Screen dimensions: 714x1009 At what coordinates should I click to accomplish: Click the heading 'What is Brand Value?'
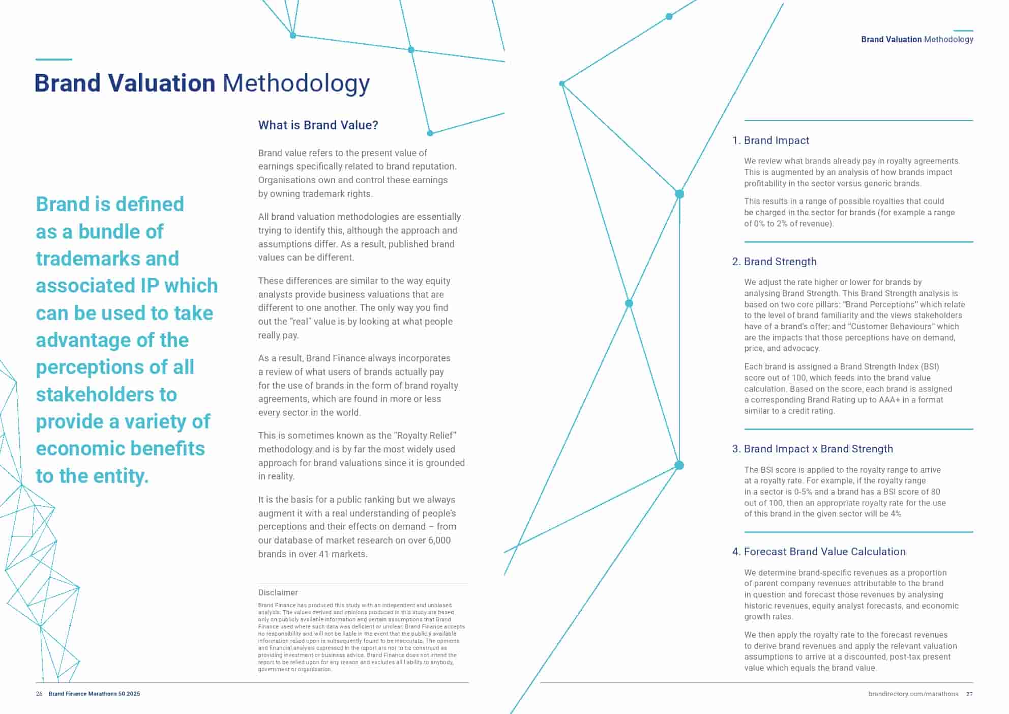point(318,125)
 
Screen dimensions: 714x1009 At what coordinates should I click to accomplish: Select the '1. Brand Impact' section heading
point(770,140)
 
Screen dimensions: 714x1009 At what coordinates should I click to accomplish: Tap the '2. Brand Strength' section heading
point(774,262)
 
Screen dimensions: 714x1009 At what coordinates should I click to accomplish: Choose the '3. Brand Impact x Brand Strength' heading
point(812,449)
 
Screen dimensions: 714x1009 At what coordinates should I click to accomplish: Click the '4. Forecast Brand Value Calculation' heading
point(819,552)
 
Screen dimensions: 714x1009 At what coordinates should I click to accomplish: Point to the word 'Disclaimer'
point(278,592)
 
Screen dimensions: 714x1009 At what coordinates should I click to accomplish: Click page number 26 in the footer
point(39,694)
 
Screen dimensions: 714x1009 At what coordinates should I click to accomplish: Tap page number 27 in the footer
point(969,694)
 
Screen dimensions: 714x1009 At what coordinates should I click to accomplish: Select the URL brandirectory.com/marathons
point(913,694)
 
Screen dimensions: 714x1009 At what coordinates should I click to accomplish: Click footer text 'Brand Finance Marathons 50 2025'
point(94,694)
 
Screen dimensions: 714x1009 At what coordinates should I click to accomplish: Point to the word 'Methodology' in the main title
point(296,83)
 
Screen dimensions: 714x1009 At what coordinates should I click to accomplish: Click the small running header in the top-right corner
point(917,40)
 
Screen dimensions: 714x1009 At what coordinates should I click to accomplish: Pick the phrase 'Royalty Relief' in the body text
point(425,436)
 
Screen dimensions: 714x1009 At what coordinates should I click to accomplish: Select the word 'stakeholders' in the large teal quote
point(106,394)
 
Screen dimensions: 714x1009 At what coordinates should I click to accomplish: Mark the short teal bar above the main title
point(53,60)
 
